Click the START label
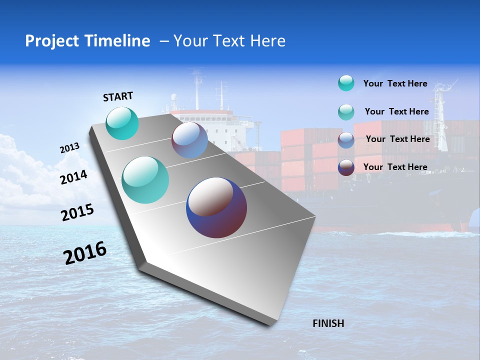tap(118, 96)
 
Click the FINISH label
tap(328, 323)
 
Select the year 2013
tap(69, 148)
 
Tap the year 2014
tap(73, 177)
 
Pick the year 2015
tap(77, 213)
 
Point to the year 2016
tap(85, 253)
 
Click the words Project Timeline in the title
tap(87, 41)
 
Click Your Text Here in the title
tap(229, 41)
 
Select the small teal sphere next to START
tap(122, 123)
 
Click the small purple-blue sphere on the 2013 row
tap(189, 140)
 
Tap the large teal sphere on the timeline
tap(145, 180)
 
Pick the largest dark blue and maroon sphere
tap(216, 207)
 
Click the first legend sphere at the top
tap(346, 83)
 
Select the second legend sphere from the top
tap(346, 112)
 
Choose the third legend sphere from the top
tap(346, 140)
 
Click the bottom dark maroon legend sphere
tap(346, 167)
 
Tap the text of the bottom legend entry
tap(395, 167)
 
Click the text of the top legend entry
tap(395, 83)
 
